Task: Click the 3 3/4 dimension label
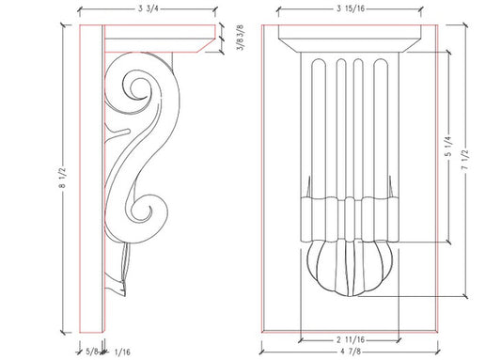click(x=147, y=10)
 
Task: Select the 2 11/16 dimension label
click(x=350, y=337)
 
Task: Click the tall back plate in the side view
click(x=92, y=179)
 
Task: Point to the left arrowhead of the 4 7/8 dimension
click(x=262, y=344)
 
